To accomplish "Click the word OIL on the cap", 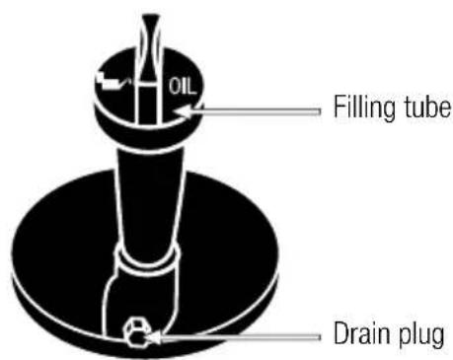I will tap(184, 86).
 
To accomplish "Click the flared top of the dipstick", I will tap(151, 25).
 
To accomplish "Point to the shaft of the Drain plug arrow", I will tap(242, 338).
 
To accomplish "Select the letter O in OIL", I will tap(175, 86).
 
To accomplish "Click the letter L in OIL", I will tap(192, 86).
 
